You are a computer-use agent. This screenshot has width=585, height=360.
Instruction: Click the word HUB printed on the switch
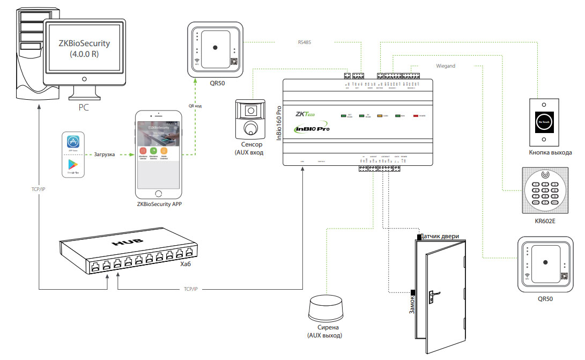[x=128, y=243]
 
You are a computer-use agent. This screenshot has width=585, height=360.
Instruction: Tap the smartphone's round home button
[x=158, y=193]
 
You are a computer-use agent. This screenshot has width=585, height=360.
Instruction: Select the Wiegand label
[x=446, y=66]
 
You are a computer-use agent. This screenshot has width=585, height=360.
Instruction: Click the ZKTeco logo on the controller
[x=306, y=114]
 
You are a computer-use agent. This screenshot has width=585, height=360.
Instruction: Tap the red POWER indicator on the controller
[x=414, y=115]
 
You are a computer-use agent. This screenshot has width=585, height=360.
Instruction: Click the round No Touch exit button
[x=545, y=122]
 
